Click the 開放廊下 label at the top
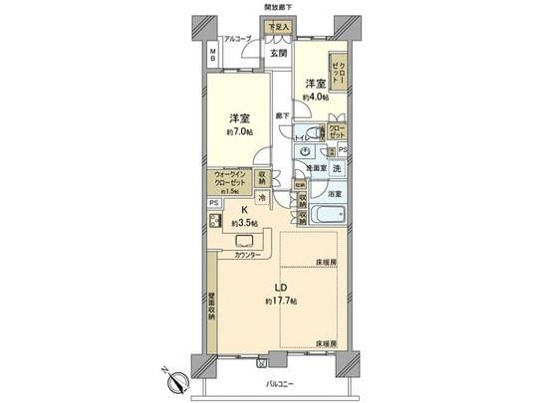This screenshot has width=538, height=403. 285,8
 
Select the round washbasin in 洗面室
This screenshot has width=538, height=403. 304,152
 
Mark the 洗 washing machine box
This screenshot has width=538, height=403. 337,169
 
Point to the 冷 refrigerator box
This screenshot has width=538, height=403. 262,198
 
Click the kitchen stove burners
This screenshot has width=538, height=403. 214,223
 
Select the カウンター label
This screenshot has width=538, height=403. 249,255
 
